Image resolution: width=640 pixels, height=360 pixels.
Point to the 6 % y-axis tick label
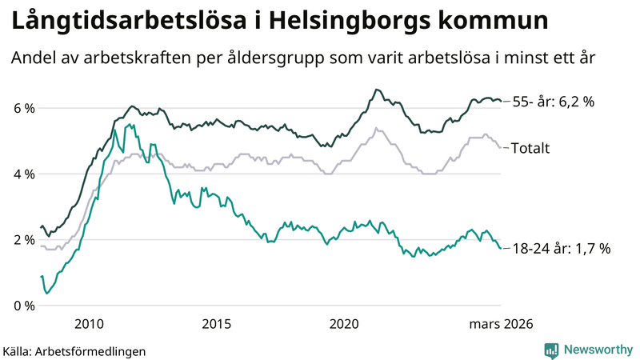pyautogui.click(x=24, y=108)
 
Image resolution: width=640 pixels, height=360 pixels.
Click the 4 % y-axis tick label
pyautogui.click(x=24, y=174)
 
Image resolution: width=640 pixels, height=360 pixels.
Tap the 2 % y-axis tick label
pyautogui.click(x=24, y=239)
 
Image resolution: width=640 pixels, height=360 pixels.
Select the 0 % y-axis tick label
pyautogui.click(x=24, y=306)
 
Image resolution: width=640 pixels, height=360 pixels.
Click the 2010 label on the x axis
pyautogui.click(x=89, y=323)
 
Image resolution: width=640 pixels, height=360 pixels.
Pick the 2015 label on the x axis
pyautogui.click(x=217, y=323)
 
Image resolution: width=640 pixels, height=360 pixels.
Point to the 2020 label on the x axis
pyautogui.click(x=345, y=323)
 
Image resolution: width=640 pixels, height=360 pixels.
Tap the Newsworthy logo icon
pyautogui.click(x=551, y=350)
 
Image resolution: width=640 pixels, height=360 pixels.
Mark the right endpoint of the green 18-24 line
pyautogui.click(x=501, y=248)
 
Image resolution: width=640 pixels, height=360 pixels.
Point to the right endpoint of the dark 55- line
pyautogui.click(x=501, y=101)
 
